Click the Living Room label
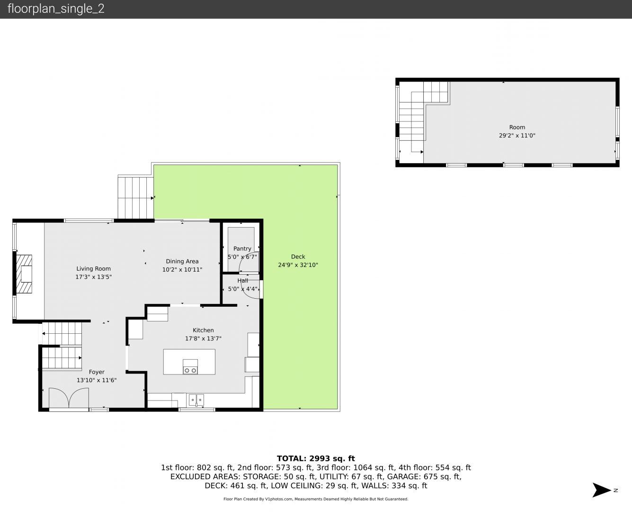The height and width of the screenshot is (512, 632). (93, 269)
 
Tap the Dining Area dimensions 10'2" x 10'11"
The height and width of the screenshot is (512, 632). (182, 270)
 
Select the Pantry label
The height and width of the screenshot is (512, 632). (242, 249)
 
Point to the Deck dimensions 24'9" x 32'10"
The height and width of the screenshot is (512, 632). (298, 265)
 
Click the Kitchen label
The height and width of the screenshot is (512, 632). (203, 330)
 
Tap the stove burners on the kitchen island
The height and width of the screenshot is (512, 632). (190, 370)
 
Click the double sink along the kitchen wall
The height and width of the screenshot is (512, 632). (196, 400)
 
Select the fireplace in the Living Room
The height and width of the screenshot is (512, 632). (24, 274)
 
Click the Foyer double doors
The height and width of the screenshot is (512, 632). (69, 398)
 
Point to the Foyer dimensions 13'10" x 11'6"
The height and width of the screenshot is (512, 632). (97, 380)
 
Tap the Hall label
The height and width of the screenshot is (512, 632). (243, 281)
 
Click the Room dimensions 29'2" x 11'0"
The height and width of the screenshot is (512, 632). (517, 136)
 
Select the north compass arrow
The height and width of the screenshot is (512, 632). (602, 490)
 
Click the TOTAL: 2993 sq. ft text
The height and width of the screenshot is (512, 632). (316, 458)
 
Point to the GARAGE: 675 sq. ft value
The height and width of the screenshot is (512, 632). (424, 476)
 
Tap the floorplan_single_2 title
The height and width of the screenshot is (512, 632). (56, 9)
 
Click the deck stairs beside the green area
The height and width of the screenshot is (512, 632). (135, 198)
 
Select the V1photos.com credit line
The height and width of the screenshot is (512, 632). (316, 499)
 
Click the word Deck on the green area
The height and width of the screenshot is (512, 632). (298, 257)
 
